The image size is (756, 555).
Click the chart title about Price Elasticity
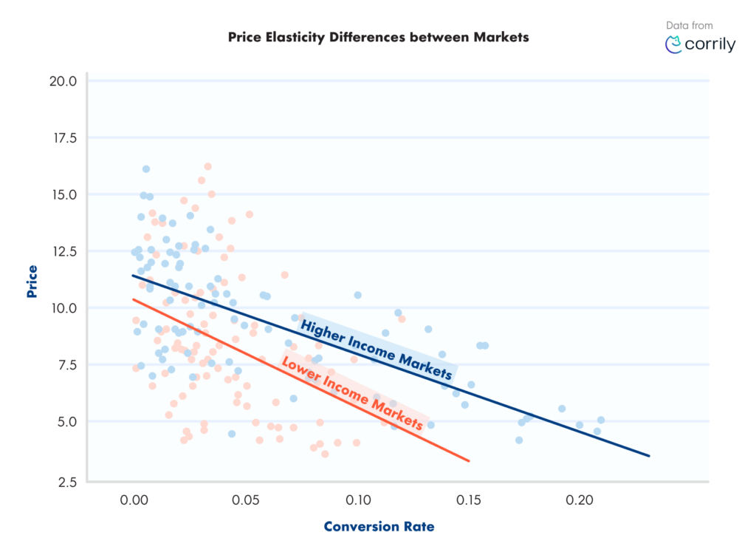tap(378, 37)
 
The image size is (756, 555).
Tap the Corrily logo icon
tap(673, 44)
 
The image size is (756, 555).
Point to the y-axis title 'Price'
tap(32, 281)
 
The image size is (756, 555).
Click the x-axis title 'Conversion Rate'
tap(379, 527)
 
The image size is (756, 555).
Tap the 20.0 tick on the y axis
tap(63, 81)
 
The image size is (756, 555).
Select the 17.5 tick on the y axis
tap(63, 137)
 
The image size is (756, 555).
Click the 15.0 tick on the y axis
tap(63, 194)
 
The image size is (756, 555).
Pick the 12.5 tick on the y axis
tap(63, 251)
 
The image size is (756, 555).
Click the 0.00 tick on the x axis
tap(134, 501)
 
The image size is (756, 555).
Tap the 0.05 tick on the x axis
tap(245, 501)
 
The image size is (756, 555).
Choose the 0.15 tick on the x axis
tap(468, 501)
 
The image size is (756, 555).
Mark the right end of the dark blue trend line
tap(648, 455)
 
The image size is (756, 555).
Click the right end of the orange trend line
tap(468, 461)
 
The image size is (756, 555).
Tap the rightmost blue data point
tap(601, 420)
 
